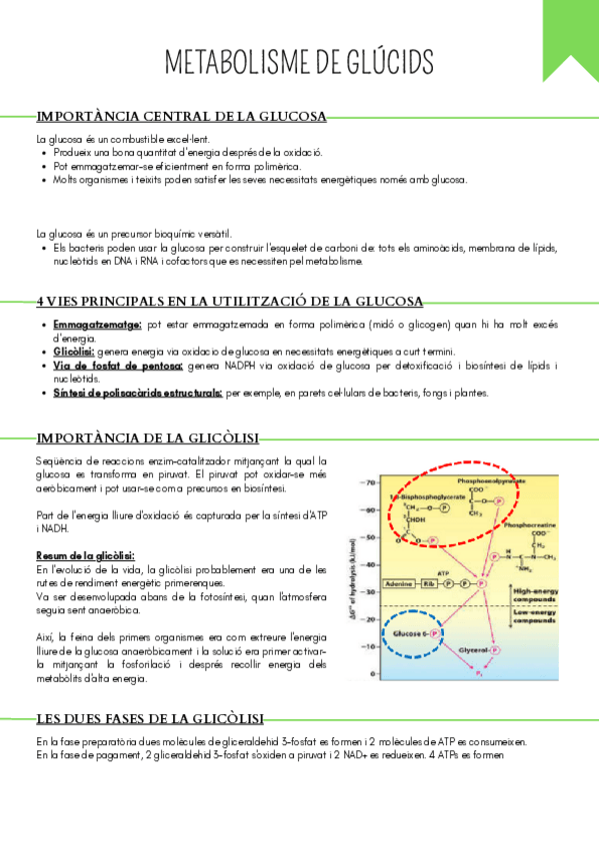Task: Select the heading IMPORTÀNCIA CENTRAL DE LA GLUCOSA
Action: coord(181,117)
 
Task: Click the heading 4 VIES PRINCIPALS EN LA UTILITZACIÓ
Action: coord(229,301)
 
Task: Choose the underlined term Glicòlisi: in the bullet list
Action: coord(75,352)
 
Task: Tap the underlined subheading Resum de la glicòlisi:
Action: coord(85,555)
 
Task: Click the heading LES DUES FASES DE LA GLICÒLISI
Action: coord(150,717)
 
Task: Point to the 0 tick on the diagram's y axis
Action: coord(371,674)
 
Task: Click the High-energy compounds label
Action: coord(535,595)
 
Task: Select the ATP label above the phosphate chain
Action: coord(445,571)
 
